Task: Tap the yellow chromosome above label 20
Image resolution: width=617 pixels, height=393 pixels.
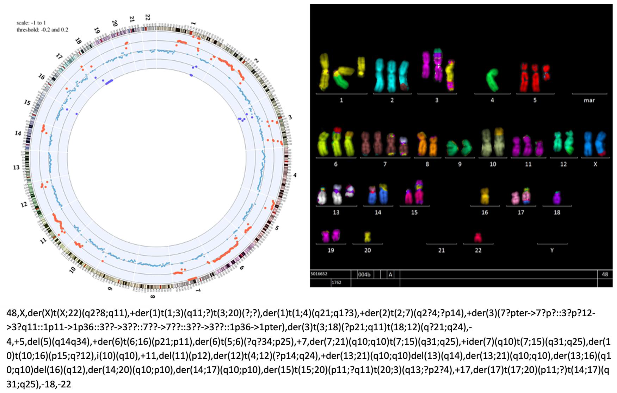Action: point(368,237)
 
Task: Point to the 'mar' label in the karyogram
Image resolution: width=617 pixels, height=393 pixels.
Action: point(589,100)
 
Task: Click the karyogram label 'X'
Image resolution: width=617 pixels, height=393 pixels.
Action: point(595,164)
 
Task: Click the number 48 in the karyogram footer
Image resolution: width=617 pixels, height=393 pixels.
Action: point(605,274)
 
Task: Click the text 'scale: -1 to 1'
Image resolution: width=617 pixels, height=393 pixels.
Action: point(31,23)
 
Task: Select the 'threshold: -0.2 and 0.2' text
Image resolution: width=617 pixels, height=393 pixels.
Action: point(42,30)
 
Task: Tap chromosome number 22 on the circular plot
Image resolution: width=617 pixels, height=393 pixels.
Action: point(148,17)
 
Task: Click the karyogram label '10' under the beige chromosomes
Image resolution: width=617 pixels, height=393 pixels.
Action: point(493,164)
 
